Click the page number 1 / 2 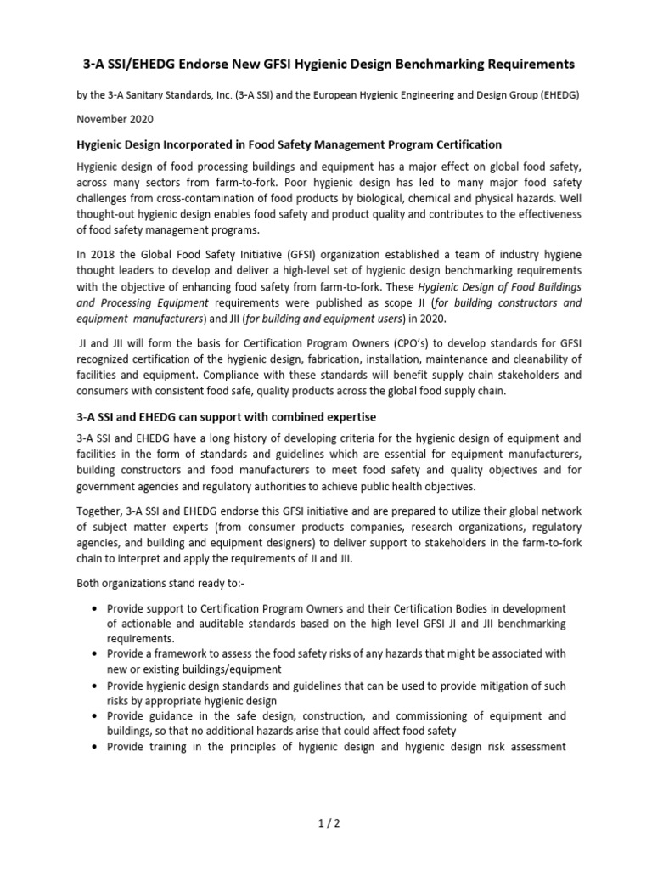coord(326,823)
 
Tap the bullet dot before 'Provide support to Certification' coord(92,609)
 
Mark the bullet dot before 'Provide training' coord(92,747)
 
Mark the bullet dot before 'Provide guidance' coord(92,716)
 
